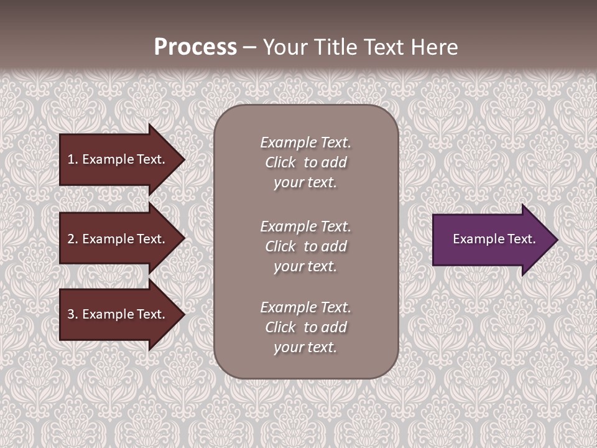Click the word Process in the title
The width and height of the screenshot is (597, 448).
(x=195, y=47)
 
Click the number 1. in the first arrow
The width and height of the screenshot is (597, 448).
(x=73, y=159)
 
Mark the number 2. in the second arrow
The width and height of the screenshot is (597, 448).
(x=73, y=239)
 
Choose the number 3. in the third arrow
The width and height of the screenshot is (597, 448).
(x=73, y=314)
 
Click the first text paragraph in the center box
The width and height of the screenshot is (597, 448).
(x=305, y=162)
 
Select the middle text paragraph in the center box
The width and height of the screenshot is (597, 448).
(x=305, y=246)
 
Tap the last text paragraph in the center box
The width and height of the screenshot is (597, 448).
(x=305, y=327)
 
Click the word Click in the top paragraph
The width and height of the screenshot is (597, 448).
(x=280, y=162)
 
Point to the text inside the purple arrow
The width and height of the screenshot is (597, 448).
(x=494, y=239)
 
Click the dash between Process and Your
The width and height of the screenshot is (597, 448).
(x=250, y=47)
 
